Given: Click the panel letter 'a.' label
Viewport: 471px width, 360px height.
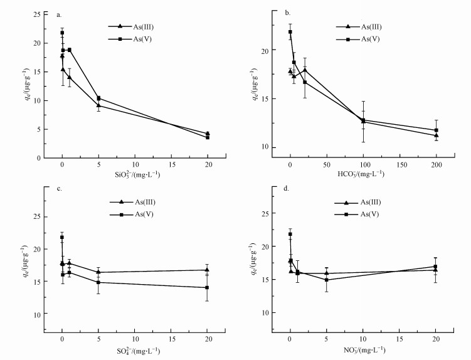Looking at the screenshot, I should pos(58,14).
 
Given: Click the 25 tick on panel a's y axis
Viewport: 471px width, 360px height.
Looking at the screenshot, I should pos(37,14).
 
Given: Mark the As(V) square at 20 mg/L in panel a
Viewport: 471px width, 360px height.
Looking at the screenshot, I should pos(208,137).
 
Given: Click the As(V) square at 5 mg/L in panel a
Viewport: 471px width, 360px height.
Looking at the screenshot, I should pos(98,98).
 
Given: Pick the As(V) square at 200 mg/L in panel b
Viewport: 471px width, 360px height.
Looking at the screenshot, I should pos(437,130).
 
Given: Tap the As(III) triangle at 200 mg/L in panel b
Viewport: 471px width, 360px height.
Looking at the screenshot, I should pos(437,135).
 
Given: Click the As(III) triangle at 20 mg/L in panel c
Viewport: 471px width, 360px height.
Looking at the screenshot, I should pos(208,270).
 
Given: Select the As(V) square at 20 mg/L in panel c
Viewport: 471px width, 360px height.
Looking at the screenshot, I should pos(208,287).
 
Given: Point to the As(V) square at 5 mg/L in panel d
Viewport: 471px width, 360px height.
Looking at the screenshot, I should pos(326,280).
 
